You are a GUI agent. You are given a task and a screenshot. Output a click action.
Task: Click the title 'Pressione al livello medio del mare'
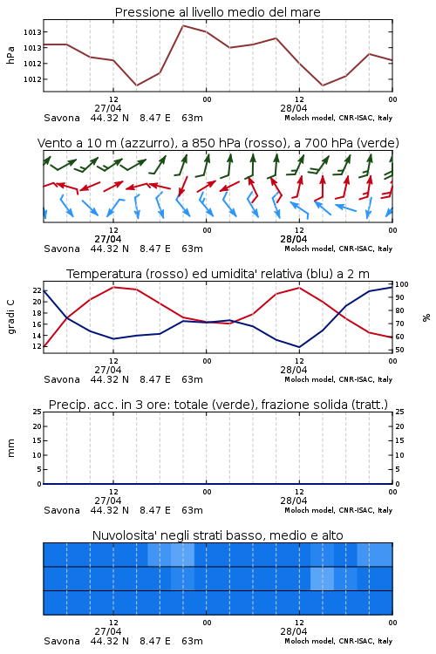click(x=217, y=12)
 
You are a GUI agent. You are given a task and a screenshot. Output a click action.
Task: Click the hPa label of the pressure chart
click(x=10, y=55)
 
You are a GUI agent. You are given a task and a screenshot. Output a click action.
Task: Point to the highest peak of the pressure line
click(x=183, y=25)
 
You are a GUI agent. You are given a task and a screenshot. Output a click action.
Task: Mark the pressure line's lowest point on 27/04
click(x=136, y=85)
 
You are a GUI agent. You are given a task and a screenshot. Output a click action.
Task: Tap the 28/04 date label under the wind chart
click(x=293, y=239)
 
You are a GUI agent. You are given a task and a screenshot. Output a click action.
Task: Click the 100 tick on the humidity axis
click(x=402, y=284)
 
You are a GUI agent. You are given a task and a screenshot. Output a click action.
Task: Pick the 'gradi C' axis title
click(x=11, y=317)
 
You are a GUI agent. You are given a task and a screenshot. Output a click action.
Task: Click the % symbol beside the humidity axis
click(x=426, y=317)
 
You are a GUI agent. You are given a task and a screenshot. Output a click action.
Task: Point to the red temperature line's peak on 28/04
click(x=300, y=288)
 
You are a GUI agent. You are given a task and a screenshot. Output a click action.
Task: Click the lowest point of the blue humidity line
click(x=299, y=347)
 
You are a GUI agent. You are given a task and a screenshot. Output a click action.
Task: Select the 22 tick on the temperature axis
click(x=37, y=290)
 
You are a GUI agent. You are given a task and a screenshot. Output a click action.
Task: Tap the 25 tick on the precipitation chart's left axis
click(x=37, y=412)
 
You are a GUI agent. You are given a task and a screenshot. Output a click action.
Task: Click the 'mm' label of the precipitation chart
click(x=10, y=448)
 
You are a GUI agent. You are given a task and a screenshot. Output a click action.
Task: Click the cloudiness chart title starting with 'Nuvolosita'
click(x=218, y=535)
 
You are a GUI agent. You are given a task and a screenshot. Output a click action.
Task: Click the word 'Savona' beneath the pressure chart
click(x=62, y=118)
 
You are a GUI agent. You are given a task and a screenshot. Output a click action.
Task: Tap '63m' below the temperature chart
click(x=192, y=379)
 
